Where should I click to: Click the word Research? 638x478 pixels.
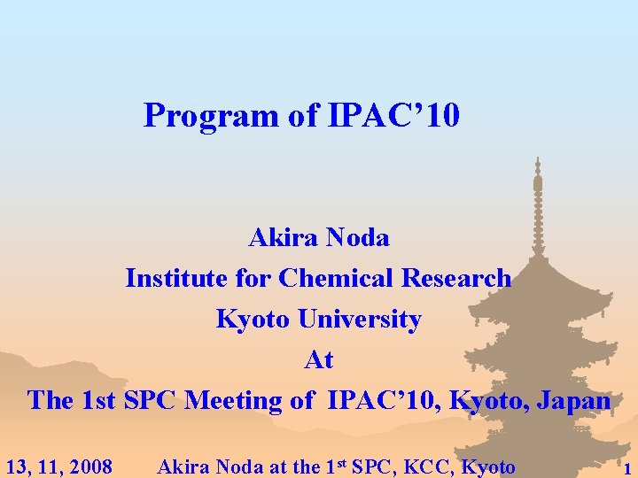pos(456,278)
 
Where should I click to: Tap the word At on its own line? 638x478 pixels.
pos(319,359)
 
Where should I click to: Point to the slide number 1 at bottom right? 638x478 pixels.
pos(627,469)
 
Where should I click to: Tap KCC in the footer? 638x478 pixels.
pos(421,466)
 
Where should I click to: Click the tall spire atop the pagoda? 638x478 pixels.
pos(538,190)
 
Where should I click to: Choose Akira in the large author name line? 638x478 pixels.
pos(284,237)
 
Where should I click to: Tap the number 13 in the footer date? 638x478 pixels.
pos(16,466)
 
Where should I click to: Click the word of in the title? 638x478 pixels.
pos(304,115)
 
